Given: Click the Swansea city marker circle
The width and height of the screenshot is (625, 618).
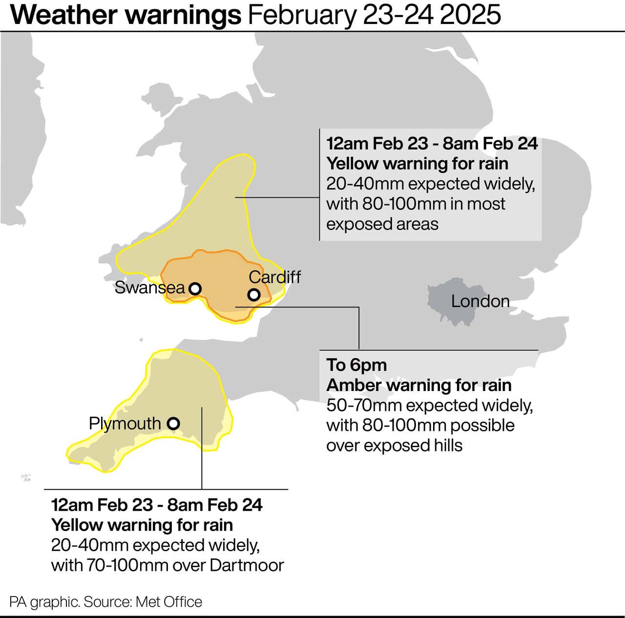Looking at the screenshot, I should (195, 288).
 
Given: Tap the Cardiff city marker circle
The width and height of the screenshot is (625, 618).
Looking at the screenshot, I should (253, 294).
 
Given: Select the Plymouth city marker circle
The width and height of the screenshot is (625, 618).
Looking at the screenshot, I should (173, 423).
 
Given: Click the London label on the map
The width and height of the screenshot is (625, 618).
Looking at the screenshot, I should (480, 301).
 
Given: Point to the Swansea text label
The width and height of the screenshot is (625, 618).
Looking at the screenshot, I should (149, 288).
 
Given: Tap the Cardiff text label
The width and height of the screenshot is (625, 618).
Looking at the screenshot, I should (274, 277).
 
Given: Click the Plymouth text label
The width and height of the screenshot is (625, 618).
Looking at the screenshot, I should (125, 423).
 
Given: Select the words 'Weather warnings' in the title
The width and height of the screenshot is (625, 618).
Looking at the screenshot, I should (125, 15).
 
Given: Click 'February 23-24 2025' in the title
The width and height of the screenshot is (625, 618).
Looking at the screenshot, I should (374, 15).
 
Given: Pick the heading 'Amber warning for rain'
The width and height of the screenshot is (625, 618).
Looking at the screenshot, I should (418, 385).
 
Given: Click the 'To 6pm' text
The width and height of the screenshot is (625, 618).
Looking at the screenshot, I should (356, 365).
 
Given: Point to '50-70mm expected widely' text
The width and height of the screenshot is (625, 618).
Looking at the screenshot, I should (429, 405).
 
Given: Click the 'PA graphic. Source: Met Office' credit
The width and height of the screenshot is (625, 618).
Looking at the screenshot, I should (105, 601).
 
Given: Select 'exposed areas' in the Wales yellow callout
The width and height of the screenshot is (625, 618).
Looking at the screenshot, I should (382, 224).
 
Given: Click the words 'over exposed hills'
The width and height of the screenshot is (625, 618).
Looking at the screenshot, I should (394, 445).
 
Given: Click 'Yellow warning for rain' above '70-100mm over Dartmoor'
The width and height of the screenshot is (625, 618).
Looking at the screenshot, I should (142, 525).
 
